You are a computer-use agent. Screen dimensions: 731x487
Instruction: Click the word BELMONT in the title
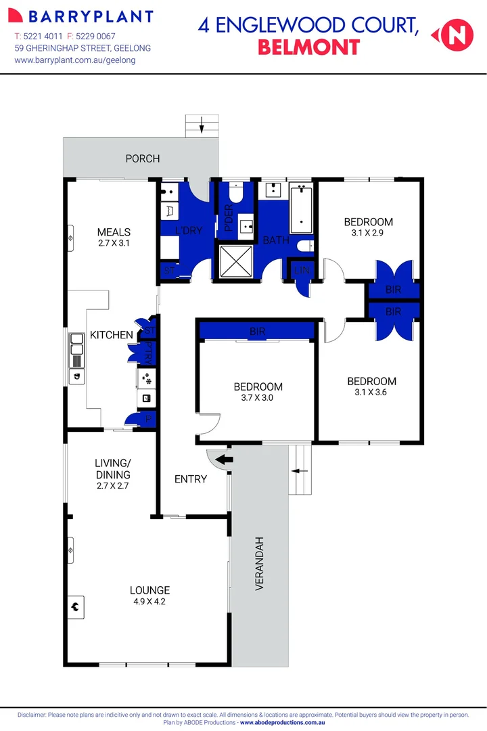308,47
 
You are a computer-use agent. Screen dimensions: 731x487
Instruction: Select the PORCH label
143,158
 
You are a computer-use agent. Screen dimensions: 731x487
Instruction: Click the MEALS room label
114,232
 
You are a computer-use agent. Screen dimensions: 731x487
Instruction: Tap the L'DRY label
189,230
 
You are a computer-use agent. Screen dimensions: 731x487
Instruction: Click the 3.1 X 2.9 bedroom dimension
368,234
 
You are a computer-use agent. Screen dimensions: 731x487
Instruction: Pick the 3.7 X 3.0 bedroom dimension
258,398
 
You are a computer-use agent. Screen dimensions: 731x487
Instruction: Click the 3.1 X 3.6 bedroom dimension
371,393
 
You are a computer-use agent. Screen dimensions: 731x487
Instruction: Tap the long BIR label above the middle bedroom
257,331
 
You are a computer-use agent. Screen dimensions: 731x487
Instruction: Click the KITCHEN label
112,335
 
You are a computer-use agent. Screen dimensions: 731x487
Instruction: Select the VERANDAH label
259,564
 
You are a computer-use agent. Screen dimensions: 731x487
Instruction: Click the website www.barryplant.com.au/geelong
75,60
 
